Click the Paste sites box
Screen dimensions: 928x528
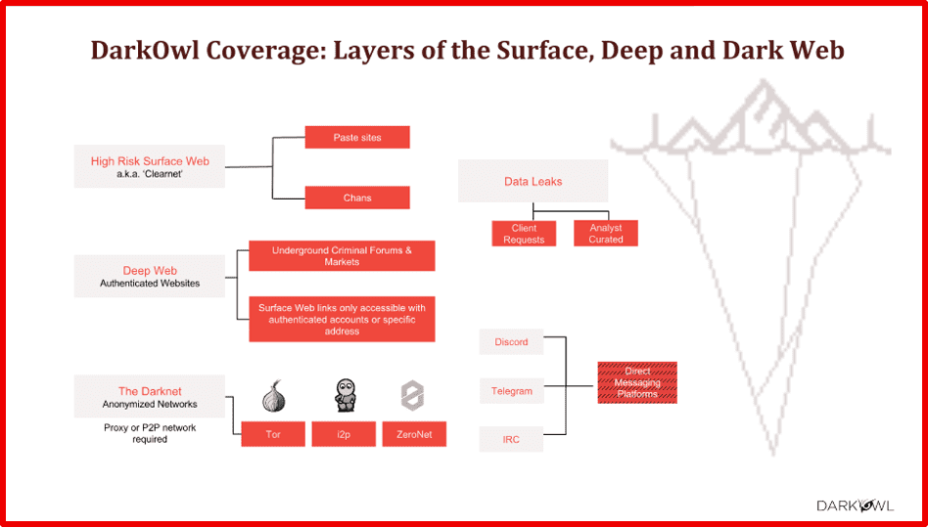(x=357, y=137)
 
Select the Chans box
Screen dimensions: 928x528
(x=357, y=198)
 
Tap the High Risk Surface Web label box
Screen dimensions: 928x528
(x=149, y=166)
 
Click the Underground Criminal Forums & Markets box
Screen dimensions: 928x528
(x=342, y=255)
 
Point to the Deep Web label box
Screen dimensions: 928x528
(x=149, y=276)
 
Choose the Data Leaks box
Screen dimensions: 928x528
(x=533, y=181)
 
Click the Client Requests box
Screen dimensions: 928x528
(x=524, y=234)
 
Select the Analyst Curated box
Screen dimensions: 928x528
(x=605, y=234)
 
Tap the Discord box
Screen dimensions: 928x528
(x=511, y=342)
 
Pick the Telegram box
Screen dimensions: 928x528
(x=511, y=391)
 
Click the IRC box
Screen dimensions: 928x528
(x=511, y=439)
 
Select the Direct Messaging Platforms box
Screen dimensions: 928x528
(x=637, y=382)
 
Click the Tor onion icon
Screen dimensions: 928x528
(x=273, y=395)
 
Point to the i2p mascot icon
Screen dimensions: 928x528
(x=344, y=395)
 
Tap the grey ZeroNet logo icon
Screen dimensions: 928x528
(x=412, y=396)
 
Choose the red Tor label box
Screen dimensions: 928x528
(x=273, y=434)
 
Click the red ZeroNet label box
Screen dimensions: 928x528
(x=414, y=434)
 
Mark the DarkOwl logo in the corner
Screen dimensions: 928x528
(x=856, y=506)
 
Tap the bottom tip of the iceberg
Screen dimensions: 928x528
(x=774, y=455)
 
